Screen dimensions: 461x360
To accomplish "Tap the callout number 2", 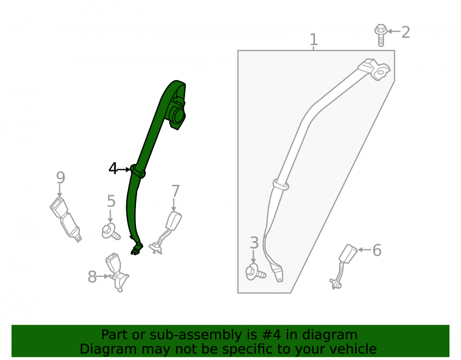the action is pos(405,32).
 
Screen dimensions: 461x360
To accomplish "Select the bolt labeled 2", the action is pos(381,35).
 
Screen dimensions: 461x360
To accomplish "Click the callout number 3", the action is pos(254,243).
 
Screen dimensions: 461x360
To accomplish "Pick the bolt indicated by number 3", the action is pos(255,272).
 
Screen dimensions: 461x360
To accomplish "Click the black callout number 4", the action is pos(112,168).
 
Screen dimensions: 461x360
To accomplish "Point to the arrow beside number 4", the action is pos(124,169).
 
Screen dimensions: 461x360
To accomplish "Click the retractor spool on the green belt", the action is pos(177,116).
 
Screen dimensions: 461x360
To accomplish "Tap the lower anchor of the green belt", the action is pos(137,248).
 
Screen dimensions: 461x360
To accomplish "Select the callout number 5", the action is pos(111,201).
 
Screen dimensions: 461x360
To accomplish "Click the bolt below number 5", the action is pos(111,231).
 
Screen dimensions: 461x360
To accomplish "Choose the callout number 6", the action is pos(377,250).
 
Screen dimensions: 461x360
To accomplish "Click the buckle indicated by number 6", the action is pos(343,266).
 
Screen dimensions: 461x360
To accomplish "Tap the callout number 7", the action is pos(175,191).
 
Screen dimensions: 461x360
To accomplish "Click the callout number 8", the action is pos(92,277).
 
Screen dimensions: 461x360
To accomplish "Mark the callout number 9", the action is pos(60,177).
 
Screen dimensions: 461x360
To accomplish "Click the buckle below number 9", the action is pos(65,219).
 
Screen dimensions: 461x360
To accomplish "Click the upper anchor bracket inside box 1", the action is pos(375,69).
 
